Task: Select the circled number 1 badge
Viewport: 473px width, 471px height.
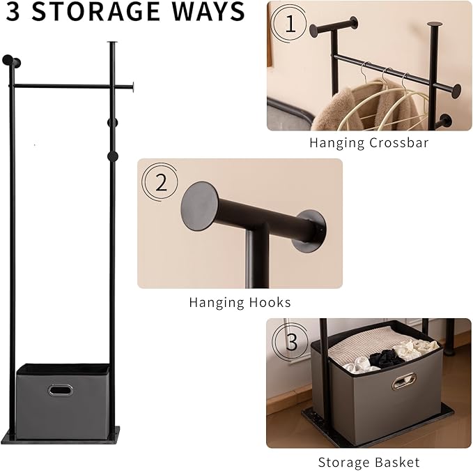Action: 290,25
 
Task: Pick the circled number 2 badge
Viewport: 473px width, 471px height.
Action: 161,183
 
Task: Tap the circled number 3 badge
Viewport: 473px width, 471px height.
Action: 291,343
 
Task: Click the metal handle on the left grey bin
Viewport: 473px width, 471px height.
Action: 60,390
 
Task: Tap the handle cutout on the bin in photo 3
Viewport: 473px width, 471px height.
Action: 403,381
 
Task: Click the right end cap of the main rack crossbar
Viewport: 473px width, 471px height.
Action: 131,87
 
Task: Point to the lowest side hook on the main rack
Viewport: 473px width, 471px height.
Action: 112,156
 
